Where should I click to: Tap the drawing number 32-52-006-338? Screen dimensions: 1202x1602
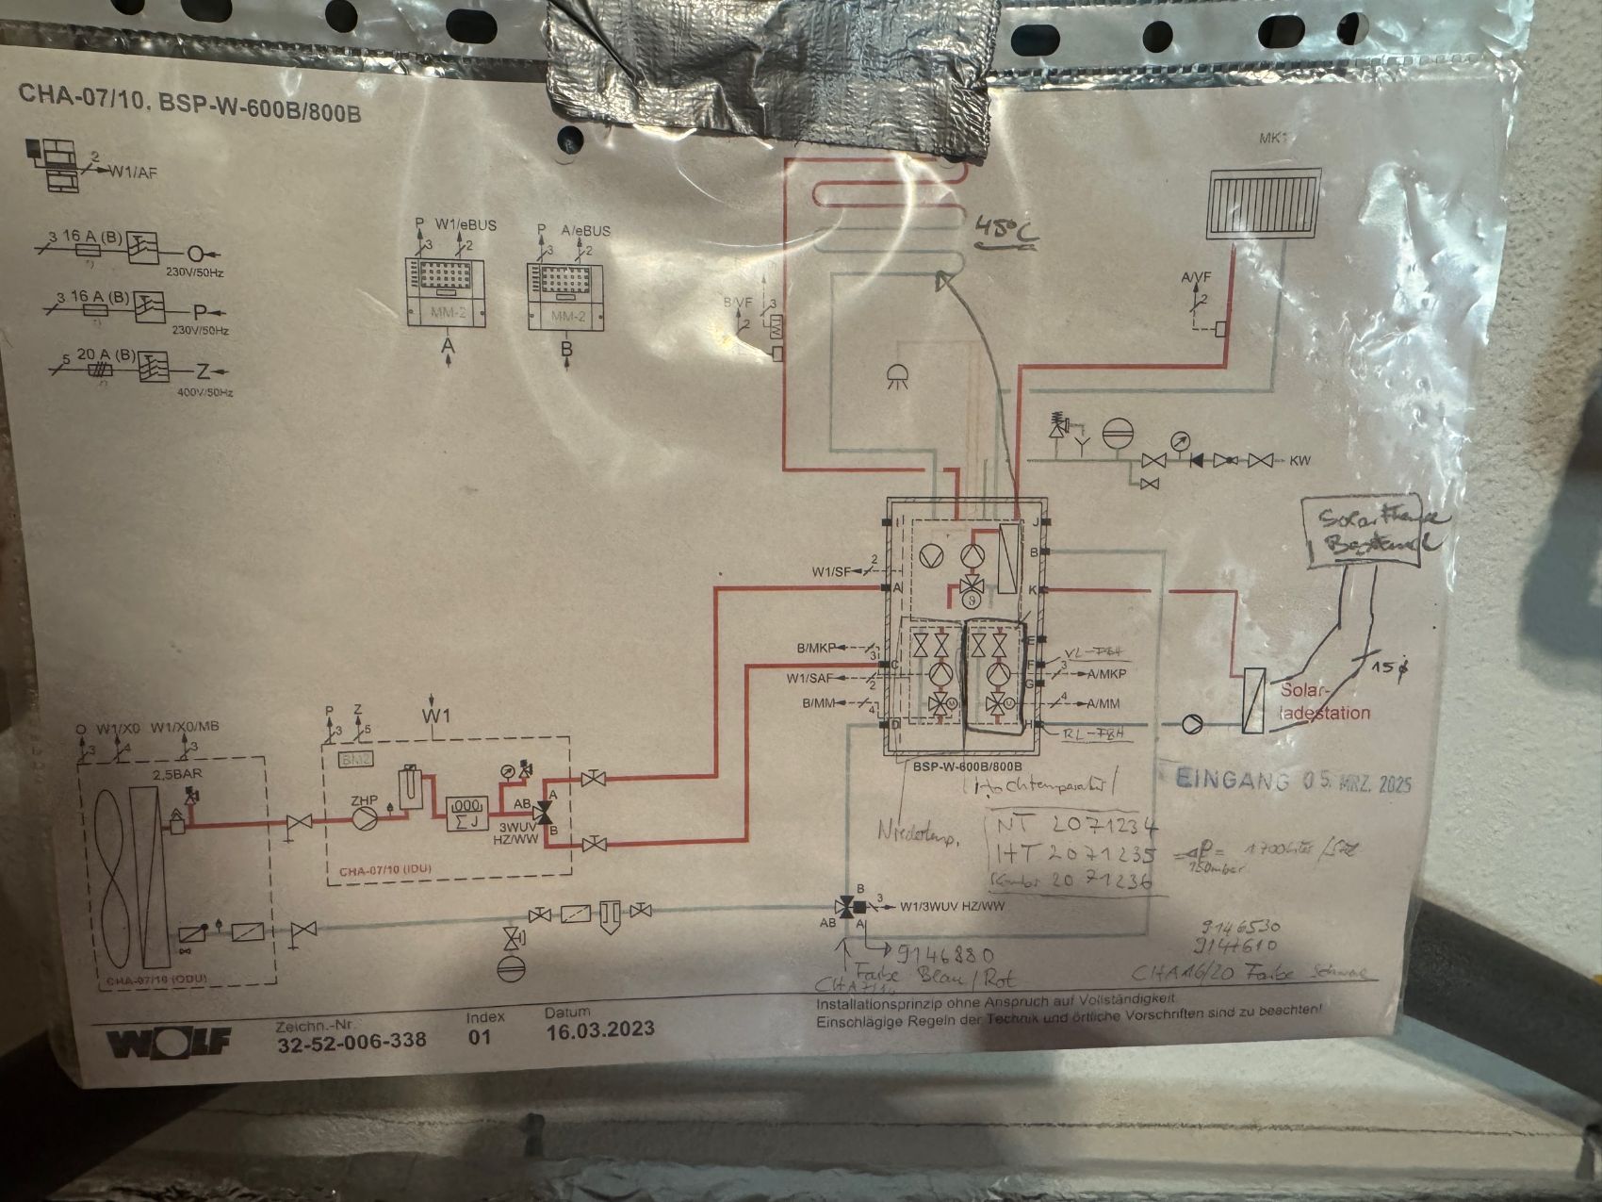pyautogui.click(x=351, y=1041)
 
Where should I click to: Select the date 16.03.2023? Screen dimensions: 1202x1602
pyautogui.click(x=599, y=1029)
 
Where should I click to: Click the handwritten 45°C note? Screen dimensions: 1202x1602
pyautogui.click(x=1006, y=229)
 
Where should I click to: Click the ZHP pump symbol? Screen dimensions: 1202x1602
pyautogui.click(x=364, y=817)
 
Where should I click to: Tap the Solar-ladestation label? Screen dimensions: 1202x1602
pyautogui.click(x=1324, y=702)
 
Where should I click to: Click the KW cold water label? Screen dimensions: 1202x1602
pyautogui.click(x=1300, y=461)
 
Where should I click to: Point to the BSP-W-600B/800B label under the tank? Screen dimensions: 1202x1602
pyautogui.click(x=968, y=766)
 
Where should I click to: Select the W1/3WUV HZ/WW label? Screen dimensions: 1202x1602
pyautogui.click(x=952, y=907)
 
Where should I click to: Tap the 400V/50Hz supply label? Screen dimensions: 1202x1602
pyautogui.click(x=204, y=391)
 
